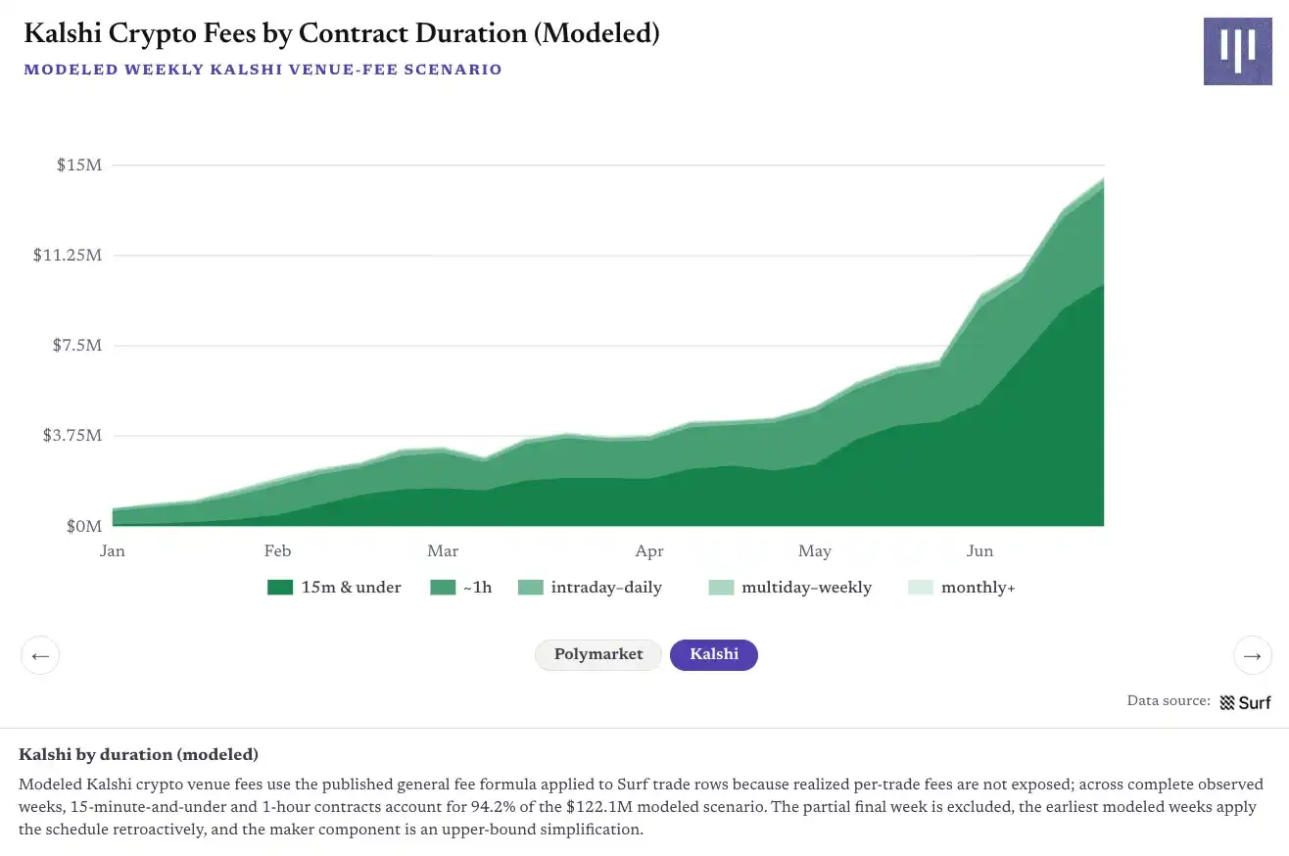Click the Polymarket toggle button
tap(597, 654)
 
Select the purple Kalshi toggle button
tap(713, 654)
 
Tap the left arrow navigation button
tap(40, 655)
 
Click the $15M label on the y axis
tap(78, 166)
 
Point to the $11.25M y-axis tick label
tap(68, 255)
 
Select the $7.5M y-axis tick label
tap(77, 345)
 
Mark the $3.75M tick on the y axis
tap(72, 436)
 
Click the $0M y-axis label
tap(84, 526)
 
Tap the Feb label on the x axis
tap(277, 551)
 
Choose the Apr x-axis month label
tap(649, 551)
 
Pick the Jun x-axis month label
tap(979, 551)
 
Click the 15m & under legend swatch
tap(280, 588)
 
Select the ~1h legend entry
tap(461, 588)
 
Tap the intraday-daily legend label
tap(606, 588)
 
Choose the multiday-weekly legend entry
tap(790, 588)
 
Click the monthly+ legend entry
tap(962, 588)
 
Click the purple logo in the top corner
tap(1238, 51)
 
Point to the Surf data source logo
tap(1245, 702)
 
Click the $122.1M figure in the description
tap(599, 806)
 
